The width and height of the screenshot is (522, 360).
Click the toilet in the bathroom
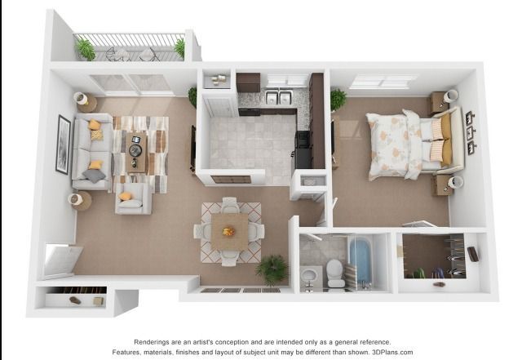pyautogui.click(x=335, y=273)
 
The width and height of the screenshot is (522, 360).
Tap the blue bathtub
pyautogui.click(x=361, y=260)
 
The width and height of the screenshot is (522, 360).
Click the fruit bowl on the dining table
pyautogui.click(x=229, y=231)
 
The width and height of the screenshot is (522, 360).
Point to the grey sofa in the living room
pyautogui.click(x=89, y=152)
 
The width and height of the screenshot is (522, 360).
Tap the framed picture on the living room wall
pyautogui.click(x=63, y=144)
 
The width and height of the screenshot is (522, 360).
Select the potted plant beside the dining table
pyautogui.click(x=272, y=269)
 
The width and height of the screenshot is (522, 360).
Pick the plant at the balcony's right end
pyautogui.click(x=179, y=47)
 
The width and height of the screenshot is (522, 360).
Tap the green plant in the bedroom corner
pyautogui.click(x=338, y=99)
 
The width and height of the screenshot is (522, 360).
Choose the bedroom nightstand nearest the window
pyautogui.click(x=439, y=102)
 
